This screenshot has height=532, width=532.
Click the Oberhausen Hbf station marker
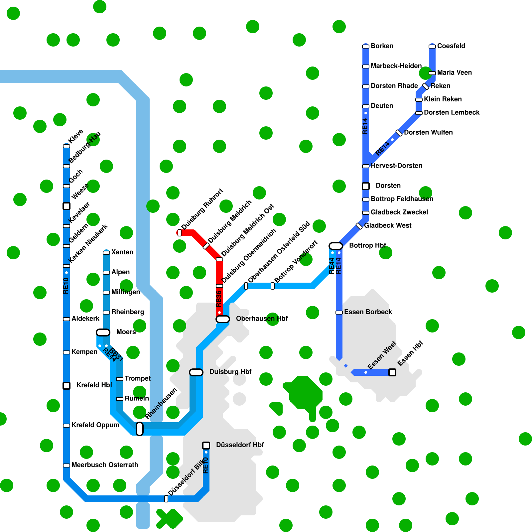(223, 319)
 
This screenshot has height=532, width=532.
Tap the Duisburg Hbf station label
(230, 372)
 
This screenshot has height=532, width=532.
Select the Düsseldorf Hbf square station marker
(206, 445)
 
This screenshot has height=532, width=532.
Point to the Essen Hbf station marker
(392, 372)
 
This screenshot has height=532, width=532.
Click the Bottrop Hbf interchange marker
(336, 246)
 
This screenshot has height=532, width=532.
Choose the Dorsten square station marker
(366, 186)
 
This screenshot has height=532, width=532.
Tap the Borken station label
(382, 46)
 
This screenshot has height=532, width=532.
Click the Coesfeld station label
(451, 46)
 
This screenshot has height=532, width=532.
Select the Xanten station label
(122, 252)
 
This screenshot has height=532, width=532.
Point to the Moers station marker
(103, 332)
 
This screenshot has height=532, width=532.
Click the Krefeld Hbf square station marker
(66, 386)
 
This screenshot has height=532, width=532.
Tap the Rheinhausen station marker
(140, 429)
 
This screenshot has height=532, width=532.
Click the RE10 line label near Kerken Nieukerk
(66, 286)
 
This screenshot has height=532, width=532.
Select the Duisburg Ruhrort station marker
(180, 233)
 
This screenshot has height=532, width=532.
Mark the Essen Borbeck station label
(368, 312)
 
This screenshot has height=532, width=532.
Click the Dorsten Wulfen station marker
(399, 133)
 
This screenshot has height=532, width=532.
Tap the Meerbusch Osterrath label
(105, 465)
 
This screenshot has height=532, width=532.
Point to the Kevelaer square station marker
(66, 206)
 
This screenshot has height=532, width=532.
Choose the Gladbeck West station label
(388, 225)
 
